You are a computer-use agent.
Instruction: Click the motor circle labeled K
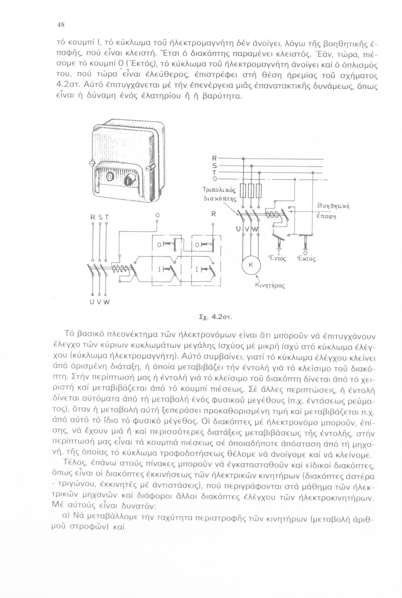(251, 265)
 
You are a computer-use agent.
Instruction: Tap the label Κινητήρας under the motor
(270, 285)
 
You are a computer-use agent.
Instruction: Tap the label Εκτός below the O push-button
(306, 259)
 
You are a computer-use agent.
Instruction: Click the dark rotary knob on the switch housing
(128, 180)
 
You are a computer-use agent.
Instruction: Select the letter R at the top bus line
(215, 158)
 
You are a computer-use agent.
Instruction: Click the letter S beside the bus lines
(215, 165)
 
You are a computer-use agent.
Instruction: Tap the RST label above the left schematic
(99, 217)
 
